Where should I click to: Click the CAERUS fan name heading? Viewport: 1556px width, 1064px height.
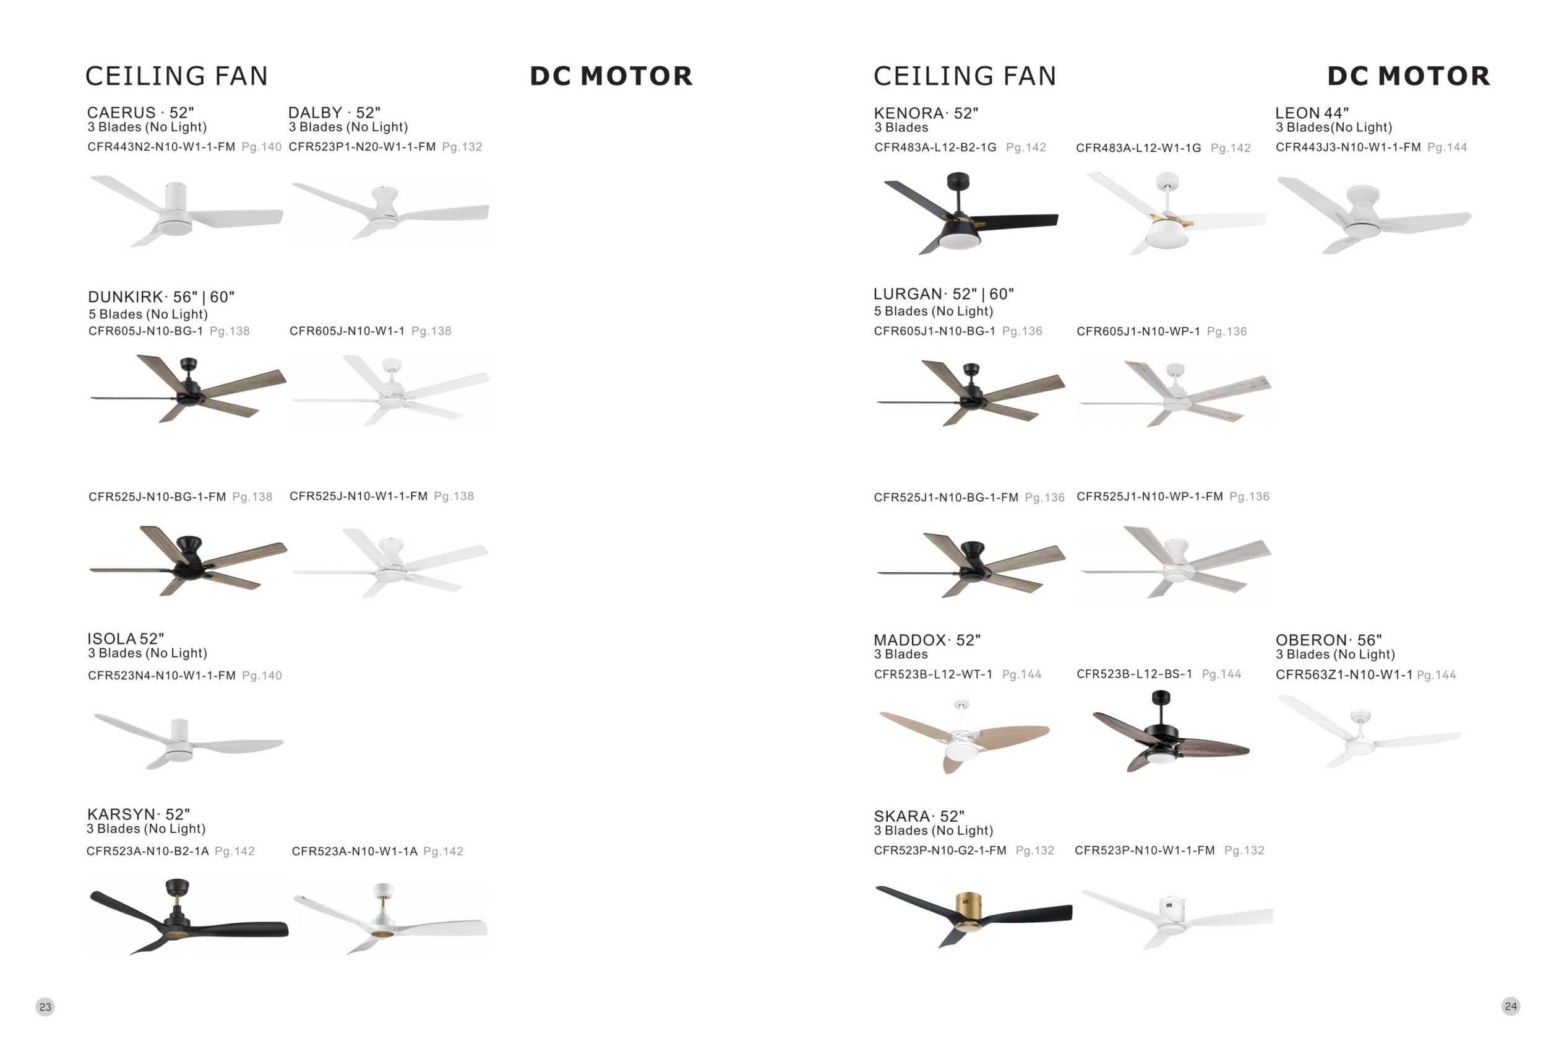(x=140, y=113)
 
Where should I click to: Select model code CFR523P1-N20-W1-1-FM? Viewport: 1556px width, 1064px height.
(x=361, y=147)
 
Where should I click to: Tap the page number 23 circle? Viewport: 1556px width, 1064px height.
(x=45, y=1006)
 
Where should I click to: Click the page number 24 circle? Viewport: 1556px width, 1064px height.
(x=1510, y=1006)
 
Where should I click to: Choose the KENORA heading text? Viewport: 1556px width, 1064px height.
(x=926, y=113)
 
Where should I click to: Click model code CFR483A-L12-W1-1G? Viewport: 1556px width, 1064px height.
(x=1138, y=148)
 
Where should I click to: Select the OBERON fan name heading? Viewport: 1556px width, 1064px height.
(x=1328, y=640)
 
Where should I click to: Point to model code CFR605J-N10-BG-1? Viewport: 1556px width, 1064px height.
(x=145, y=331)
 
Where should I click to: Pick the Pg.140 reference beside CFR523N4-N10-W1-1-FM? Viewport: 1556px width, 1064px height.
(x=262, y=676)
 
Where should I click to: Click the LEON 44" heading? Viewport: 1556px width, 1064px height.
(x=1312, y=113)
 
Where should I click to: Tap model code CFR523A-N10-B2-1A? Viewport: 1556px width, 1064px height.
(x=147, y=851)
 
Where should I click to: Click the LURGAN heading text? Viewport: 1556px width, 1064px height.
(x=943, y=294)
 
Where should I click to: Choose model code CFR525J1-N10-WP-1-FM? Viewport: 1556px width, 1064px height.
(x=1149, y=497)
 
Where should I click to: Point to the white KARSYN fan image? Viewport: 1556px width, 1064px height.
(x=390, y=918)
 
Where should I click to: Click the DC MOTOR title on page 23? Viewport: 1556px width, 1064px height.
(x=611, y=76)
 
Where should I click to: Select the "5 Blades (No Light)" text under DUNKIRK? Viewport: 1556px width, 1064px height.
(x=148, y=314)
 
